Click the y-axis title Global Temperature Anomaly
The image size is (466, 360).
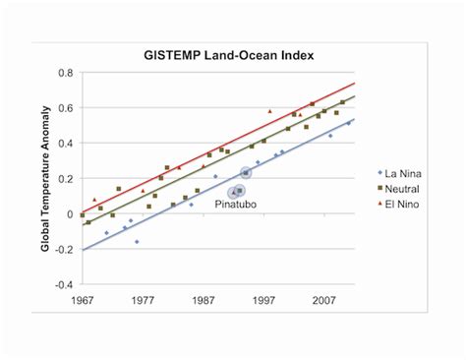click(45, 178)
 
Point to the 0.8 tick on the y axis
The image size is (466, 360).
click(65, 73)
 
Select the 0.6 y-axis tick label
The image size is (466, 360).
click(65, 108)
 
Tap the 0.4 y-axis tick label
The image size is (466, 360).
click(65, 144)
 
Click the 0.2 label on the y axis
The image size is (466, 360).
click(65, 179)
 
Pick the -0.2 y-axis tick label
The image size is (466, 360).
click(63, 250)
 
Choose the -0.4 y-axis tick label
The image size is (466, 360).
click(63, 285)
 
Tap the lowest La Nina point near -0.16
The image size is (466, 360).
click(137, 241)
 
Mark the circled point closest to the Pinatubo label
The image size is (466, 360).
click(239, 191)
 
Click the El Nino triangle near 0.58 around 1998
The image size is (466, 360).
click(270, 111)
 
